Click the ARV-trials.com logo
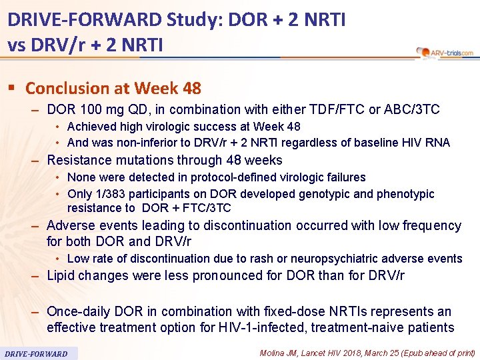pyautogui.click(x=444, y=52)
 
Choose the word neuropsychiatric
pyautogui.click(x=337, y=259)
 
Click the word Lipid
pyautogui.click(x=62, y=276)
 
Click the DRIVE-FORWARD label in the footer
pyautogui.click(x=36, y=353)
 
